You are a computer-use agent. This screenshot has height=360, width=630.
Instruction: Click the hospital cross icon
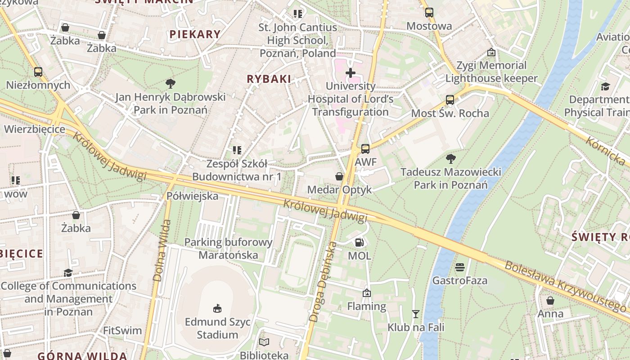point(350,73)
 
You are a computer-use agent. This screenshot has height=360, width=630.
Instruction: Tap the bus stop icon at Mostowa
point(429,13)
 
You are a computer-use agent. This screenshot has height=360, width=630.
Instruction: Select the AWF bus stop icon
point(365,149)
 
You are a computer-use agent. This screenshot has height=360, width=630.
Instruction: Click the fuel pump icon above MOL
point(359,243)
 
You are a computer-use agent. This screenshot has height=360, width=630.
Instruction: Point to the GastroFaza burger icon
point(459,267)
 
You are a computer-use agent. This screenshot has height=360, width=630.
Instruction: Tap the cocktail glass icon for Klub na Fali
point(415,314)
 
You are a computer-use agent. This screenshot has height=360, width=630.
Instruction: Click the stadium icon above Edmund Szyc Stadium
point(217,308)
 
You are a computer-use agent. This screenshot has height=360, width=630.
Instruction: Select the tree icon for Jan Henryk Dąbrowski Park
point(170,83)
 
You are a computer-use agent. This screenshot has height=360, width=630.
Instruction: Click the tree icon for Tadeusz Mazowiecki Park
point(450,158)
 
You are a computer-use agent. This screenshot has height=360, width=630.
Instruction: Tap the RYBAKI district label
point(269,79)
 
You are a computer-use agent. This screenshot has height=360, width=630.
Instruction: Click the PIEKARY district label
point(195,34)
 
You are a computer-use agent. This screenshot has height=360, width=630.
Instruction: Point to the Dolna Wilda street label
point(162,250)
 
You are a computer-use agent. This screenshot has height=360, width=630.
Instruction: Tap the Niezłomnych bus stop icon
point(38,72)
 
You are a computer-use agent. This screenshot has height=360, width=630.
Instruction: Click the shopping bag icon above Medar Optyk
point(339,176)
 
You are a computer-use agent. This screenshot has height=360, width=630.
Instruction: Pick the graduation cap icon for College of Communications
point(68,273)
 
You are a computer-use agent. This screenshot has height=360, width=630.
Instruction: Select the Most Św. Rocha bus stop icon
point(450,100)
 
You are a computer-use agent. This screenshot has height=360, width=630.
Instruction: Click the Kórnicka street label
point(605,151)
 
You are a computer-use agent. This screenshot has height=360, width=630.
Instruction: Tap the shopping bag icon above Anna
point(550,301)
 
